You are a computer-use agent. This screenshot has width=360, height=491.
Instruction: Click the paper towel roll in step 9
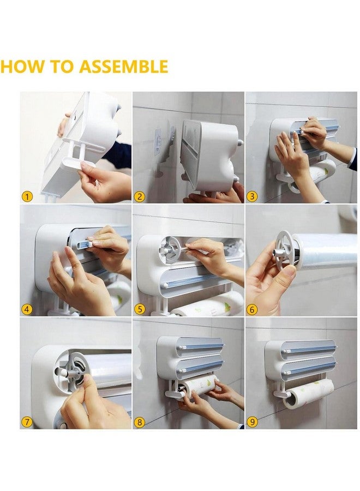[310, 393]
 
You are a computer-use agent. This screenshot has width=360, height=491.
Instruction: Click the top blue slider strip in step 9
[311, 348]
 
